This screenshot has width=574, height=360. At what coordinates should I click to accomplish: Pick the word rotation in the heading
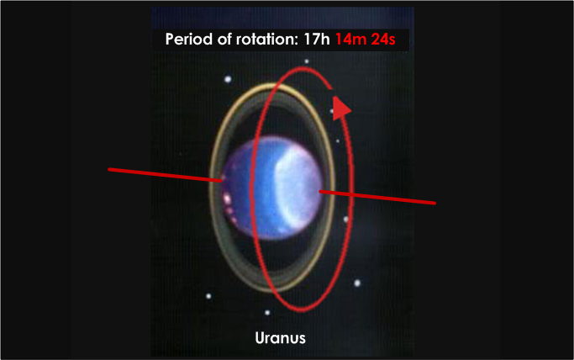point(276,40)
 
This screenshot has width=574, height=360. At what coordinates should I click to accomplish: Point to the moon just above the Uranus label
point(267,313)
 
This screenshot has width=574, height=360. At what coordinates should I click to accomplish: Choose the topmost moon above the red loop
point(307,61)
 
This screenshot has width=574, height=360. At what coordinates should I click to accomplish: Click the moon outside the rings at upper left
point(227,80)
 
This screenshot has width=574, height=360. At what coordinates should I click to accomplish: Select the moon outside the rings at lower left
point(208,296)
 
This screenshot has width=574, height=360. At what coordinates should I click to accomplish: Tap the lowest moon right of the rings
point(357,283)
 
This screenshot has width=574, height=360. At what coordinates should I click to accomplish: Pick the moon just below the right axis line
point(345,220)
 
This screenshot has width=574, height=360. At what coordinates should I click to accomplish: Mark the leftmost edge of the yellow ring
point(210,189)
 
